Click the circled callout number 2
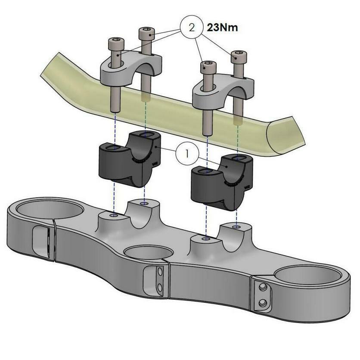coord(192,28)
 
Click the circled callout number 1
coord(187,153)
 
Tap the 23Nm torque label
coord(222,28)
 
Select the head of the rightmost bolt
coord(239,56)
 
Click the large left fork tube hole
coord(50,210)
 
